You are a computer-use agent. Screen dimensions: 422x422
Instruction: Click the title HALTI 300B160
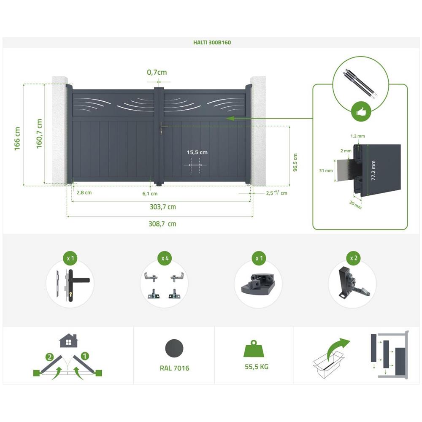(x=212, y=43)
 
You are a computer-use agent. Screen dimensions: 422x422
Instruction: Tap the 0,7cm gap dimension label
(x=157, y=72)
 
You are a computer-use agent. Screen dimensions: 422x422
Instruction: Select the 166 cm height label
(x=17, y=139)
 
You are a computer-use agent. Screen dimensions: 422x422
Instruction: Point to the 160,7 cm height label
(x=39, y=134)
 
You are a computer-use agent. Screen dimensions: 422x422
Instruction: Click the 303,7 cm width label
(x=163, y=207)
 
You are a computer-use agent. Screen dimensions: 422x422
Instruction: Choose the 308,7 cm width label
(x=162, y=224)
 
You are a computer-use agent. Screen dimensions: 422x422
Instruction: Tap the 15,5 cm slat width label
(x=197, y=152)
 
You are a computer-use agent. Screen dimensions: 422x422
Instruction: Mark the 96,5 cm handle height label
(x=295, y=162)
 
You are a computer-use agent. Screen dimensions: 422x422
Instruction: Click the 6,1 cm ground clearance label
(x=150, y=194)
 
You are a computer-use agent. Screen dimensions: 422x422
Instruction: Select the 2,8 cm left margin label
(x=84, y=193)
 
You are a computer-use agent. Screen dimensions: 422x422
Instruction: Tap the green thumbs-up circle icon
(x=361, y=112)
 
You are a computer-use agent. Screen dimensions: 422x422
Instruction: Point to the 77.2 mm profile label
(x=373, y=170)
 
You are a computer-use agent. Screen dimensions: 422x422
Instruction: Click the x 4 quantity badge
(x=165, y=258)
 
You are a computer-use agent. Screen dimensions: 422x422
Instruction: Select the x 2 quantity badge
(x=353, y=258)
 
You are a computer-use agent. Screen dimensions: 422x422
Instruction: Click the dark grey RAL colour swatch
(x=174, y=348)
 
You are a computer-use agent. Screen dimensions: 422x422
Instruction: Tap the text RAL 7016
(x=174, y=368)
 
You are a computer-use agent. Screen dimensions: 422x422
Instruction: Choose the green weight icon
(x=253, y=349)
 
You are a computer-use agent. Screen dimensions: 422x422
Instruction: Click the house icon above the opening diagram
(x=69, y=341)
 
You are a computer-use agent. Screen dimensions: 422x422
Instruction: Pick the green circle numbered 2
(x=49, y=357)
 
